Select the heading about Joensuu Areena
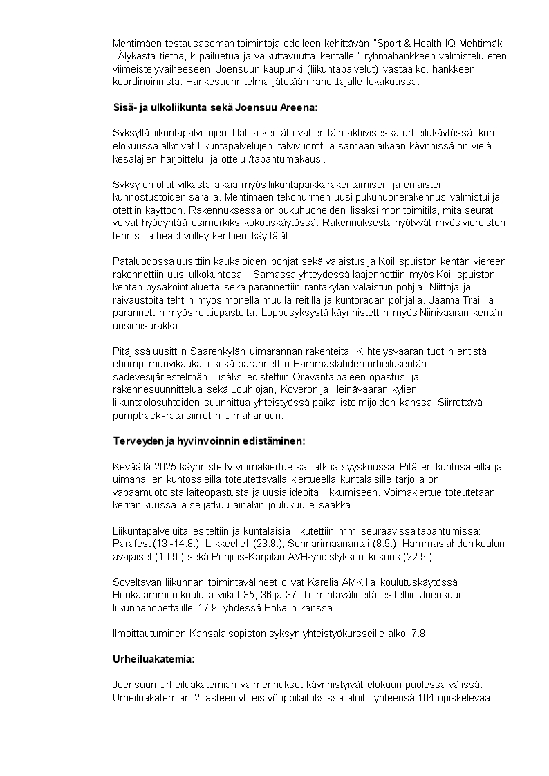pyautogui.click(x=215, y=107)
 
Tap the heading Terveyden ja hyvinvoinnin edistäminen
pyautogui.click(x=208, y=440)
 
